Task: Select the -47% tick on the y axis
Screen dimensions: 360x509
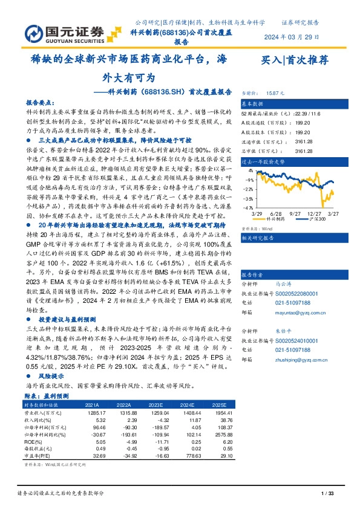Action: point(248,207)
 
